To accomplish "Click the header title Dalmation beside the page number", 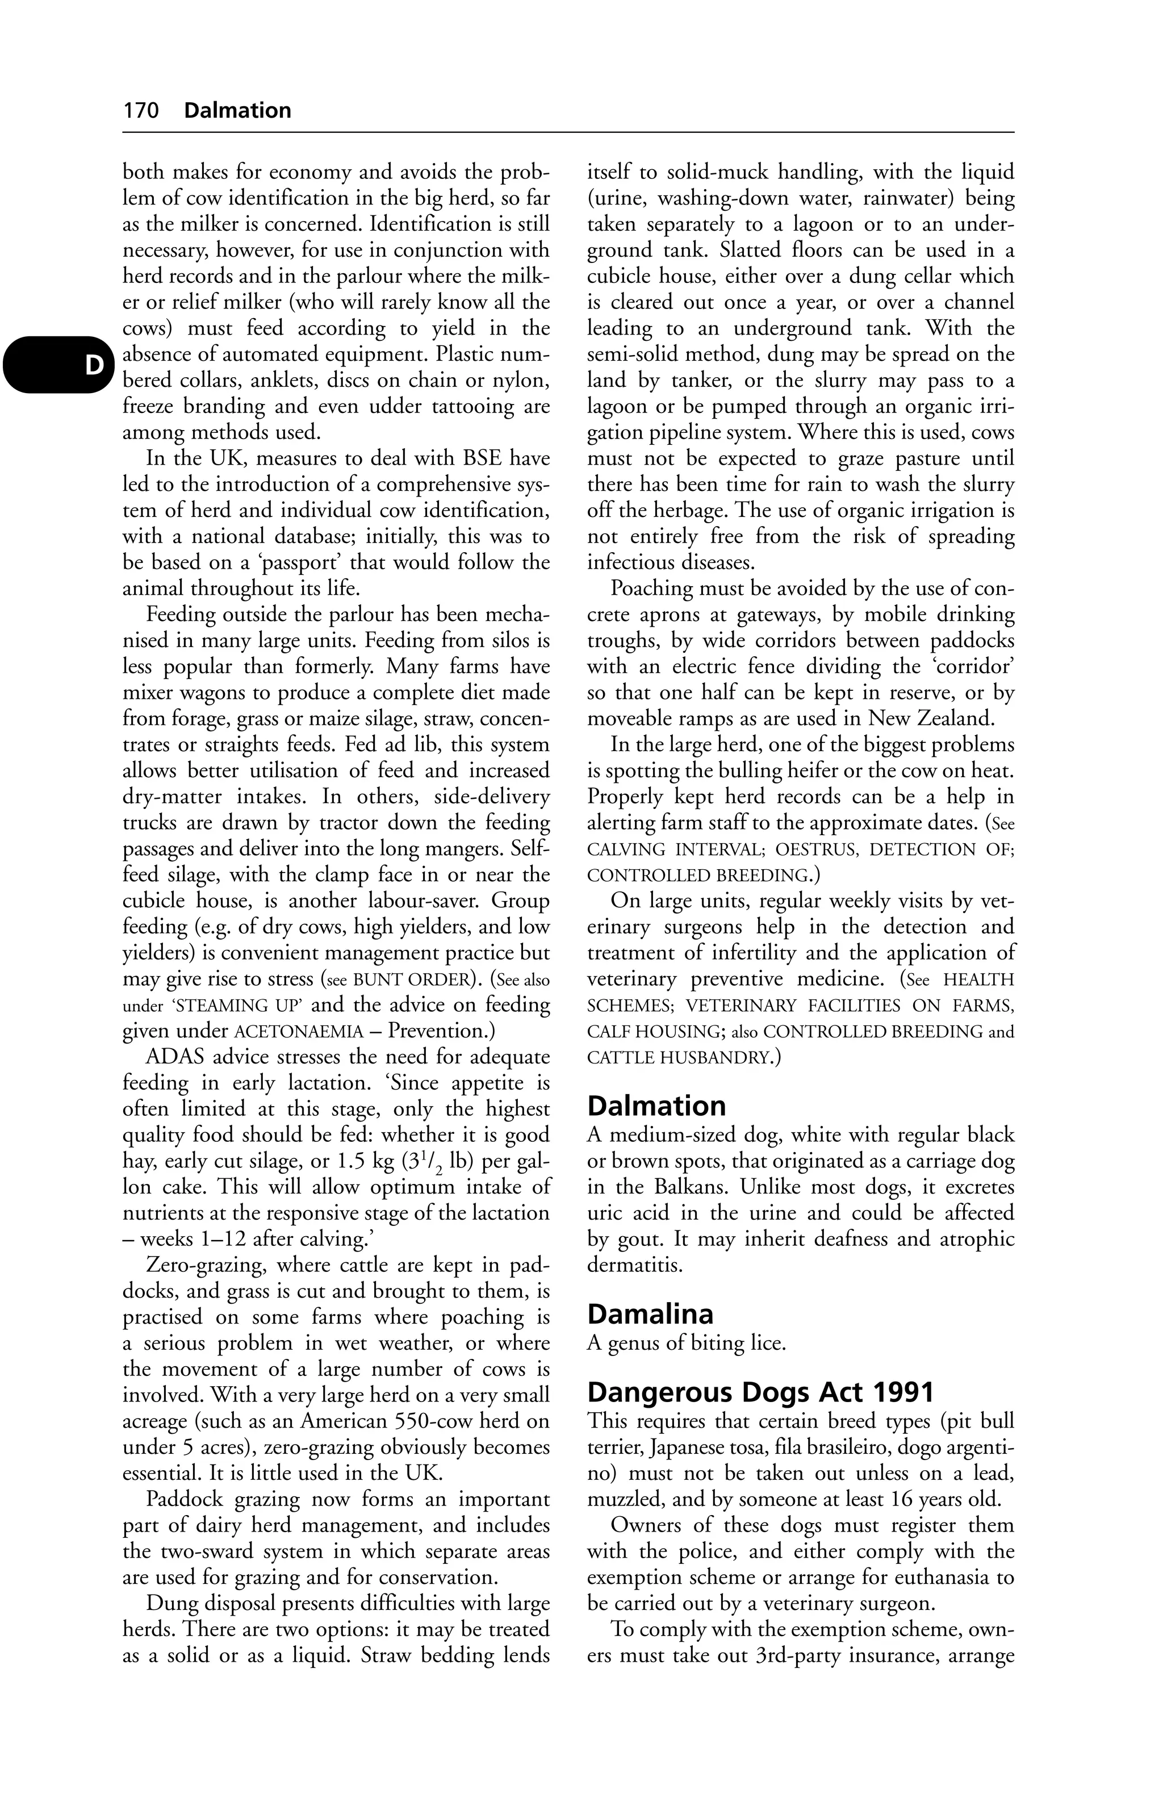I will coord(237,111).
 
